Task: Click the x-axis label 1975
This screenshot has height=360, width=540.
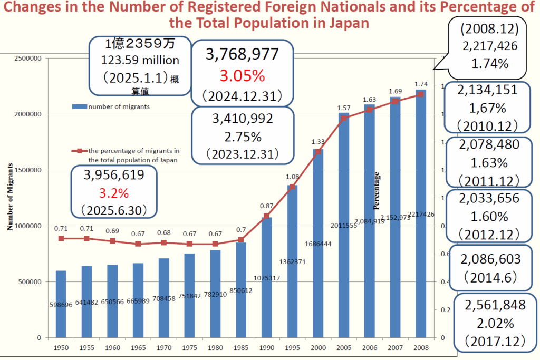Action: click(189, 347)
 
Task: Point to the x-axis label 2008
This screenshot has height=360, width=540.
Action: click(421, 347)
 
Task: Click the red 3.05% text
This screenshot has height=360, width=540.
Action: click(242, 76)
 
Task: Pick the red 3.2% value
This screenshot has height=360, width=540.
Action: click(115, 192)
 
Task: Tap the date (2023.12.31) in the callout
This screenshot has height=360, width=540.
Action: click(242, 154)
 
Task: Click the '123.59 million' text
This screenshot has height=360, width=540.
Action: click(140, 61)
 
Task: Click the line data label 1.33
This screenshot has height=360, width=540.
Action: click(318, 141)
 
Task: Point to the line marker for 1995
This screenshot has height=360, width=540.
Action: click(292, 187)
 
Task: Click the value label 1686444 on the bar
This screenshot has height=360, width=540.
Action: click(319, 244)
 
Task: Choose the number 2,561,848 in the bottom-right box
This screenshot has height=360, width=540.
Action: click(495, 305)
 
